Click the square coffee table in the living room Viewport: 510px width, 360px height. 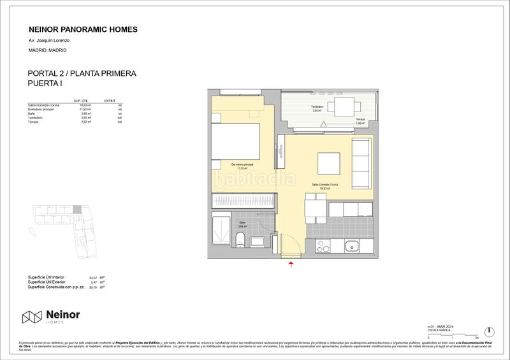(x=330, y=162)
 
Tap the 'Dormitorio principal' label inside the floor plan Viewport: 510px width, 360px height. (x=242, y=166)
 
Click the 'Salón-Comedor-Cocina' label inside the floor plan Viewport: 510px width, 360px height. (x=324, y=185)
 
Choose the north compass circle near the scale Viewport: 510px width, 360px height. (x=488, y=331)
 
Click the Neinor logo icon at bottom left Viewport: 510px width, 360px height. (x=32, y=316)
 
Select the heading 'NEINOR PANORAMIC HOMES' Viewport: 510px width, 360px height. (x=84, y=29)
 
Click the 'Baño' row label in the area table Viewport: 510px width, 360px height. (x=31, y=113)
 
